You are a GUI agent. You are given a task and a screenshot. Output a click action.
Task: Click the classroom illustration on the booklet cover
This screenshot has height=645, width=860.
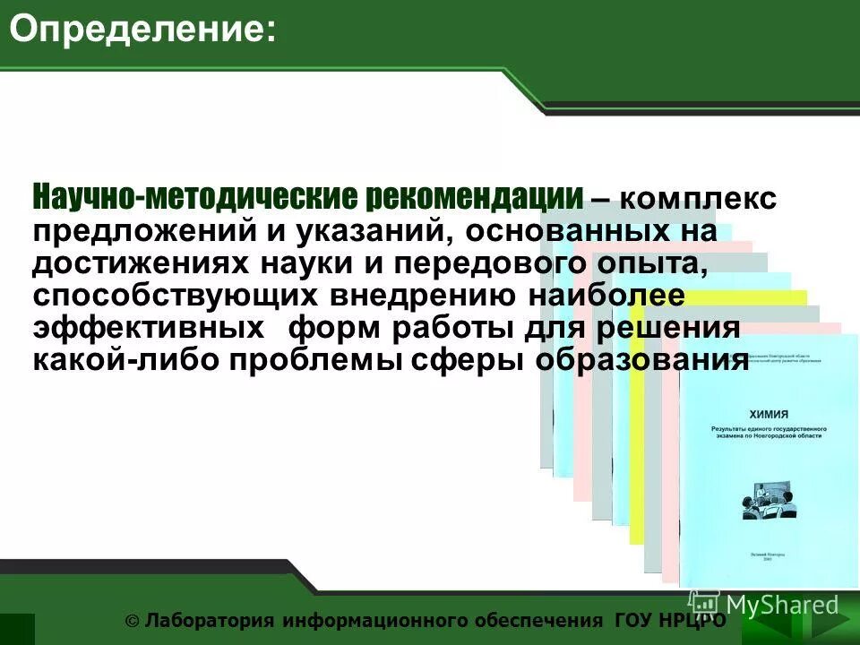pos(767,501)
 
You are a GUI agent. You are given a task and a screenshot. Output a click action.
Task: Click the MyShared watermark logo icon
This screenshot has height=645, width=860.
pos(704,602)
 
